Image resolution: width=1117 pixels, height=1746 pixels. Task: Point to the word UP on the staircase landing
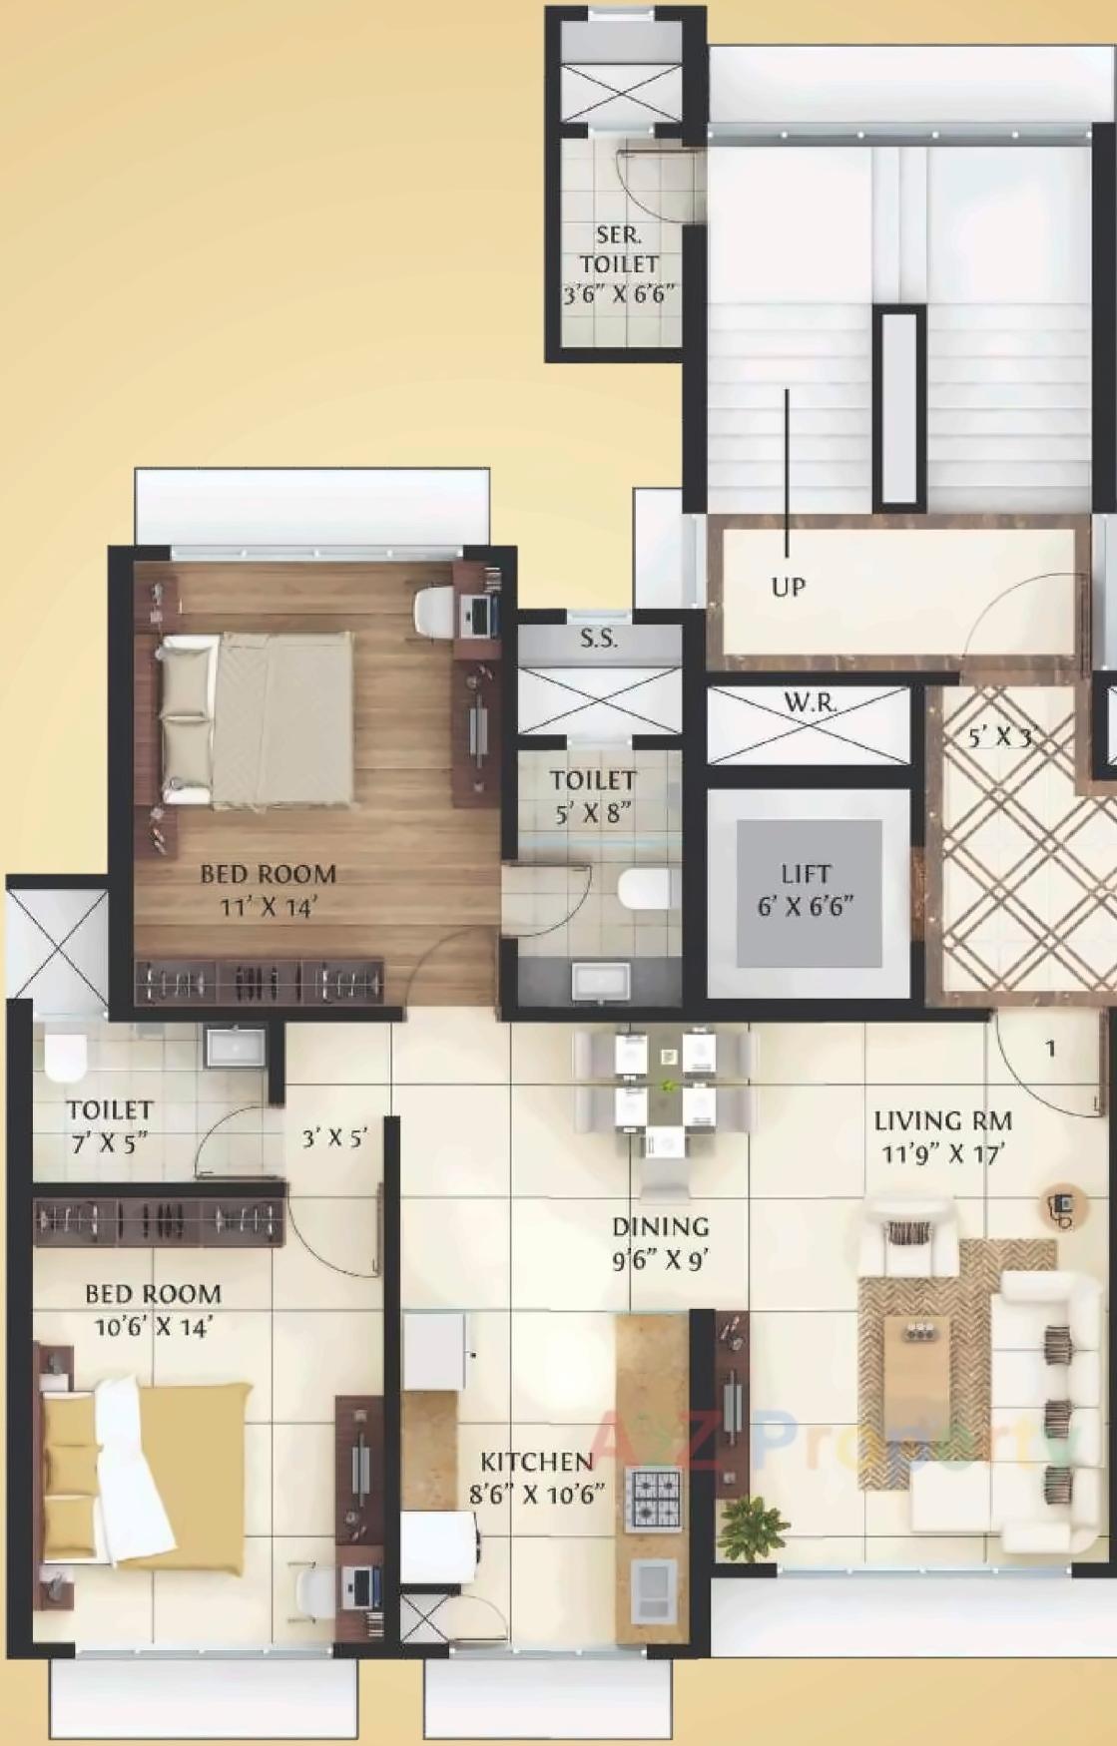coord(788,587)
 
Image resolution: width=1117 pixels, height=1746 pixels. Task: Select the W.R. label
coord(810,703)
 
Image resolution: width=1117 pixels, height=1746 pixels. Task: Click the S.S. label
coord(598,640)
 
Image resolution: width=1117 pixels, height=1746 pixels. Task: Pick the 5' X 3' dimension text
coord(999,738)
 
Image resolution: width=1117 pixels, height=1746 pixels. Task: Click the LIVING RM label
coord(942,1121)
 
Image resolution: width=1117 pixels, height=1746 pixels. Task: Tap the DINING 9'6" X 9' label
coord(660,1242)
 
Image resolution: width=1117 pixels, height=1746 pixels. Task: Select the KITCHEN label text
coord(537,1463)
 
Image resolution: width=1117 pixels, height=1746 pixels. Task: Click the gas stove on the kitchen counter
coord(653,1499)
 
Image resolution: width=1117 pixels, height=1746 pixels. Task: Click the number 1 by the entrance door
coord(1050,1049)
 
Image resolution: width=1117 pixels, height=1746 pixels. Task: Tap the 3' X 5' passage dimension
coord(334,1137)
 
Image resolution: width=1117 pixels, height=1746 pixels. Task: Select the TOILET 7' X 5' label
coord(110,1125)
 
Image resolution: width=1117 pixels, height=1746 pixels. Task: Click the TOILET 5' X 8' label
coord(592,795)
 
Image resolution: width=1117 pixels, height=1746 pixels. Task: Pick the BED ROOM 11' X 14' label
coord(268,890)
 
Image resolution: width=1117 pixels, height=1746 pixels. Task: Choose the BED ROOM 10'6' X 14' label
coord(153,1309)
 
